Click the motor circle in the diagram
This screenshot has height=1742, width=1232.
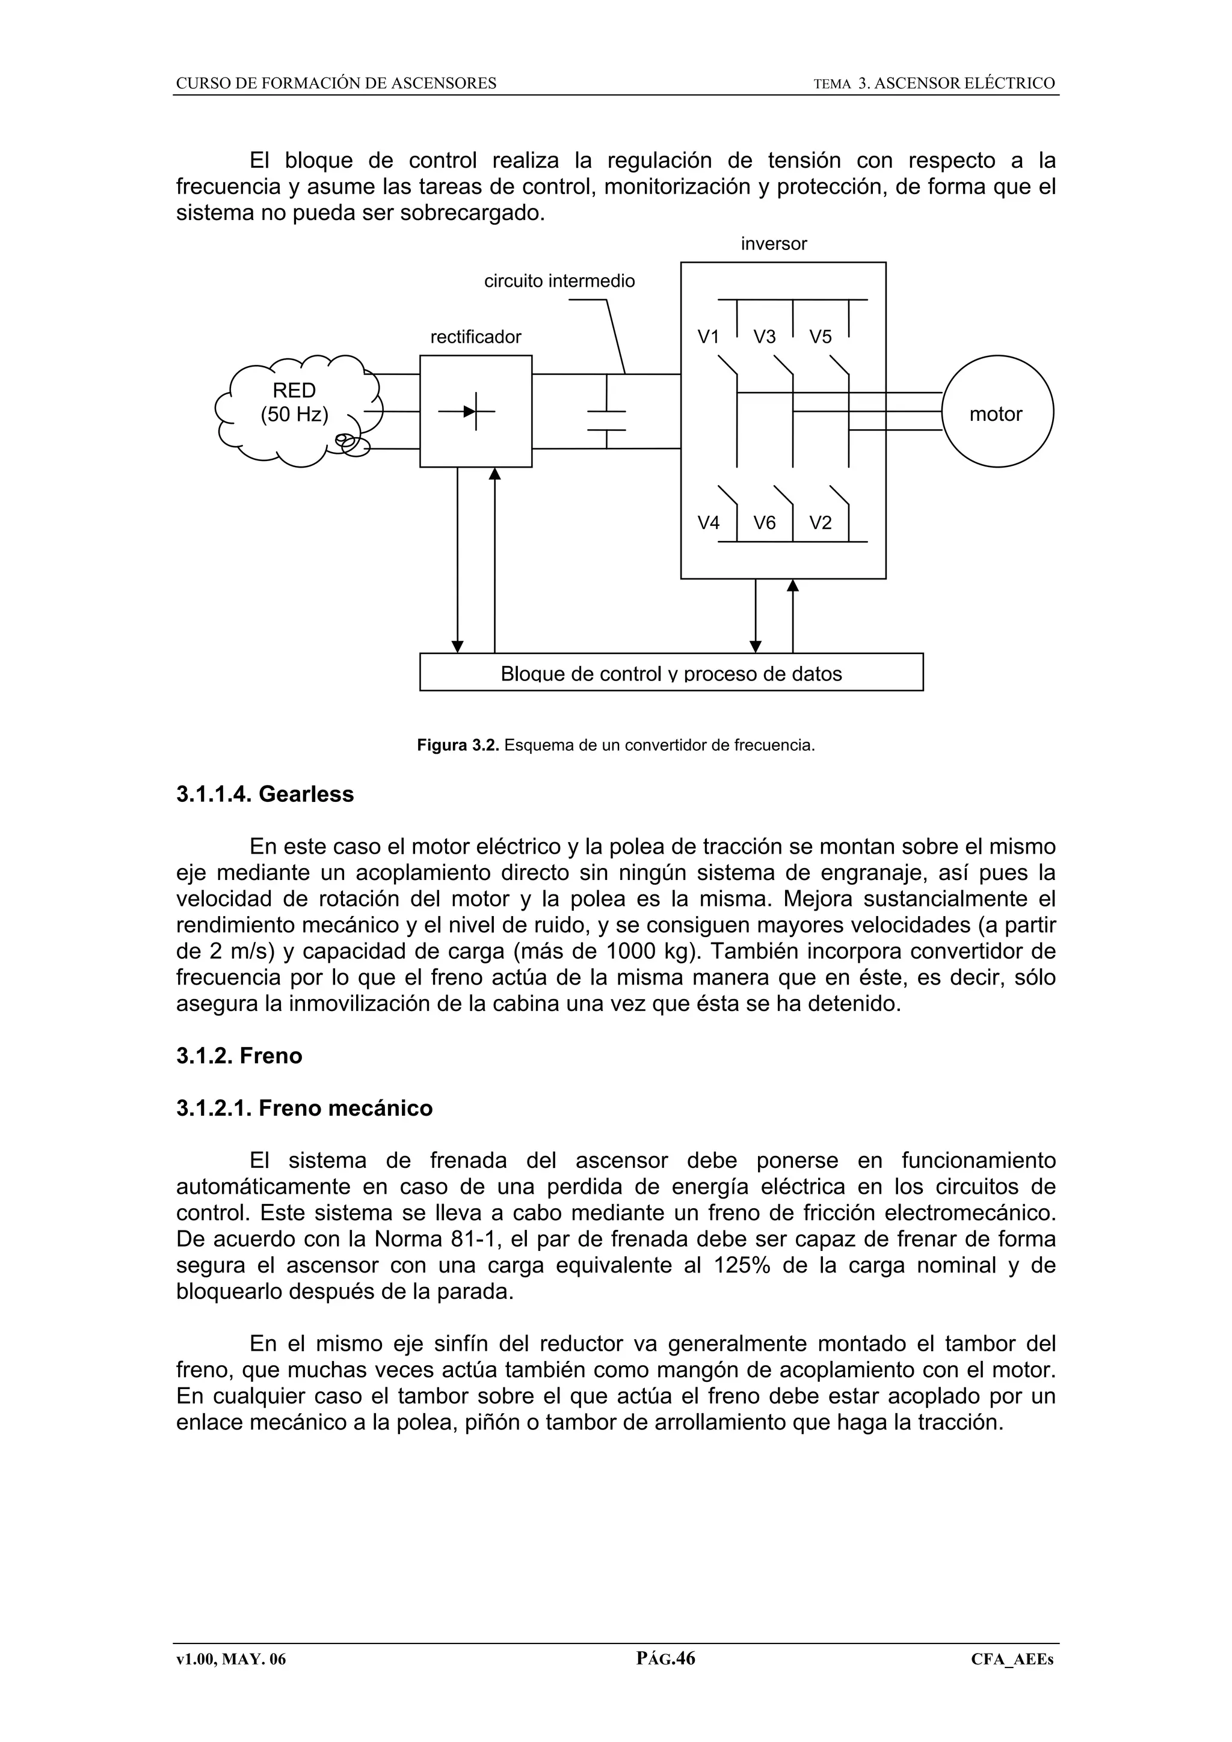(997, 411)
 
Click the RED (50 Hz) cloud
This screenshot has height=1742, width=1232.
(295, 403)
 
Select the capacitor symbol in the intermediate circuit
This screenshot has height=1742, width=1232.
(606, 420)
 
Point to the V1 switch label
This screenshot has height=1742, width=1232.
(707, 337)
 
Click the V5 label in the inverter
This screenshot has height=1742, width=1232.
(820, 337)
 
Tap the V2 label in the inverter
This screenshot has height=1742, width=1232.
(820, 523)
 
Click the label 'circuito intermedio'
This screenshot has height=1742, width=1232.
(559, 281)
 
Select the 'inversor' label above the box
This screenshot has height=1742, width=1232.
(774, 244)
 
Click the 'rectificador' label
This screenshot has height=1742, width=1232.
(476, 337)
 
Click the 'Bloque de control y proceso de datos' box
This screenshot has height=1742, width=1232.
(671, 672)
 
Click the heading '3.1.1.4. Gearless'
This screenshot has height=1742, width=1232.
(265, 795)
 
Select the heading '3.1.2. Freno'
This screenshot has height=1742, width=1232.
(239, 1056)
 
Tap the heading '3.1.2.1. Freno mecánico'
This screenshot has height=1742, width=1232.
(304, 1108)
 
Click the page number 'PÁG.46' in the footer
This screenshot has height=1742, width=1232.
(666, 1658)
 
